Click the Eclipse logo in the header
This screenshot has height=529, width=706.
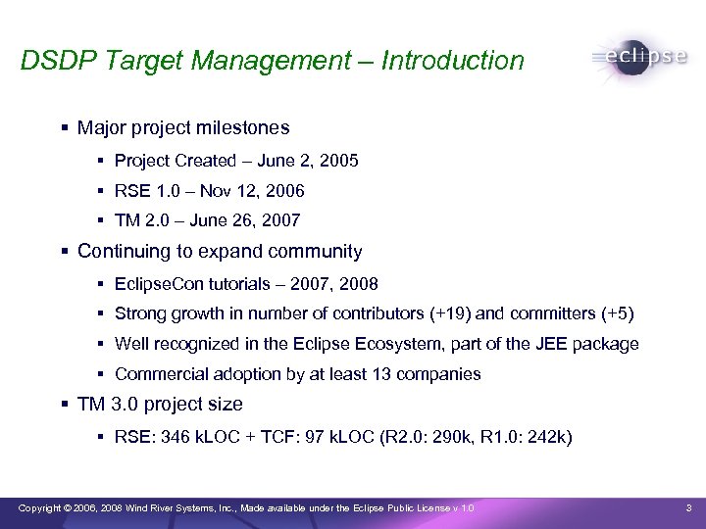638,57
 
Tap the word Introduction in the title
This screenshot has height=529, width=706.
452,61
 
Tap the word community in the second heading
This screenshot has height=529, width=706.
308,252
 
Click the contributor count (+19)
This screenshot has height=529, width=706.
450,314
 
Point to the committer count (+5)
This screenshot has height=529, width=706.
616,314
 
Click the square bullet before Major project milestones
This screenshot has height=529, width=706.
65,128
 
